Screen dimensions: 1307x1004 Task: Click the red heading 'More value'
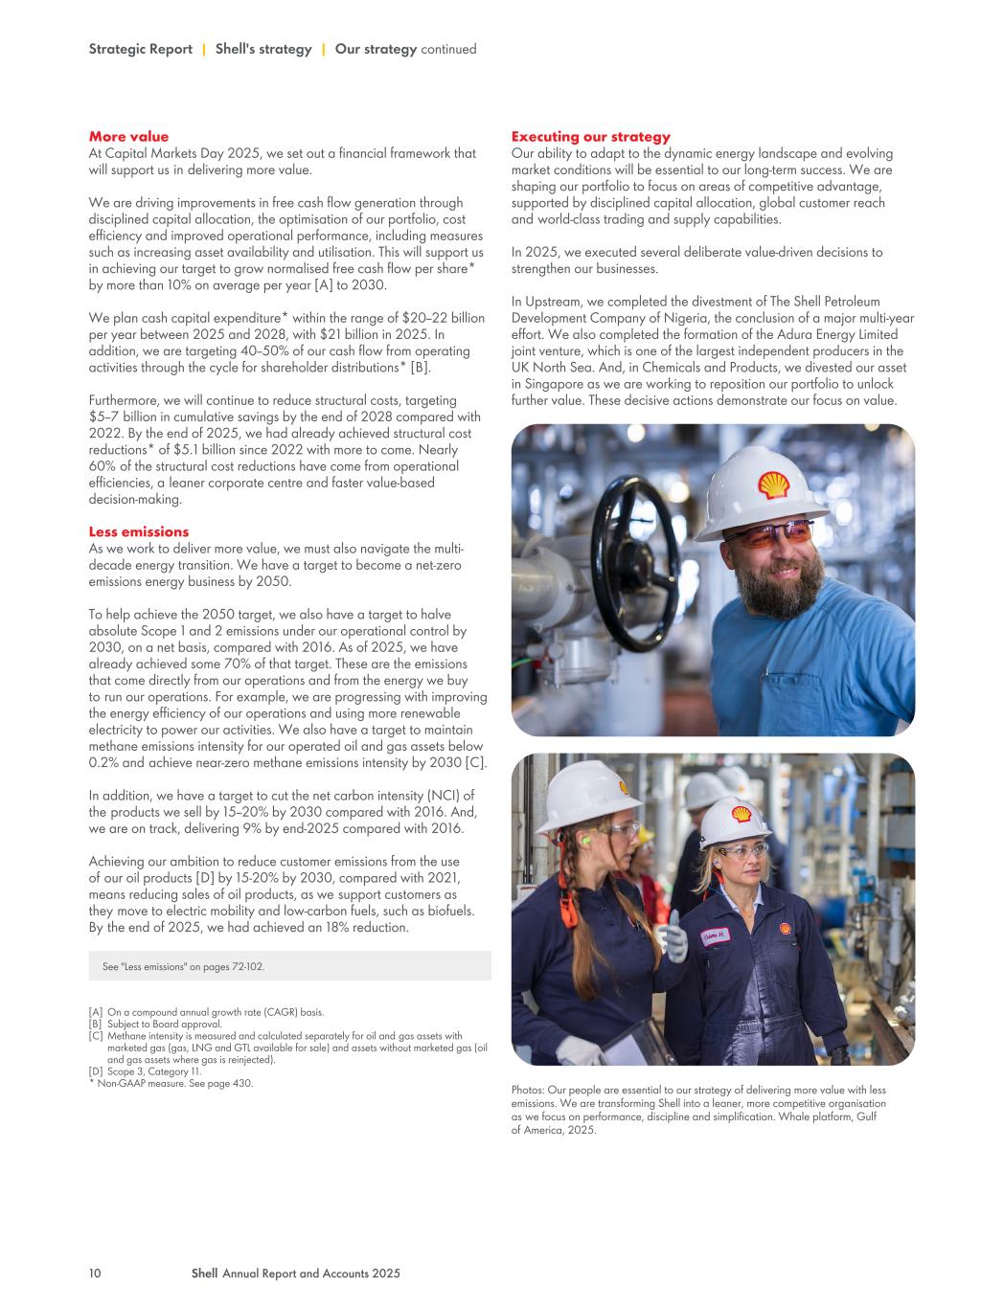[x=128, y=137]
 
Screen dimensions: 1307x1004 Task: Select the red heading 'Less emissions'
[x=139, y=531]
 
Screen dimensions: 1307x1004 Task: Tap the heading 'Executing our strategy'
[x=591, y=137]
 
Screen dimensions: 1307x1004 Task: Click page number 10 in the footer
[x=95, y=1273]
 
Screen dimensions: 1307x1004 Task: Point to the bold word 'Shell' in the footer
[x=204, y=1273]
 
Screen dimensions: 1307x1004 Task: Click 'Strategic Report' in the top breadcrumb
[x=140, y=49]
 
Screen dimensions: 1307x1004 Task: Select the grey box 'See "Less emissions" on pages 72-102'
[x=289, y=966]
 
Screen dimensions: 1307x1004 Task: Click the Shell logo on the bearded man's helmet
[x=773, y=484]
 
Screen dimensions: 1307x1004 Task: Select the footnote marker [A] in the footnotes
[x=96, y=1012]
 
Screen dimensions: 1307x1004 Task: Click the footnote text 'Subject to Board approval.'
[x=164, y=1024]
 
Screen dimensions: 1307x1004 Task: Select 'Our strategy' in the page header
[x=376, y=49]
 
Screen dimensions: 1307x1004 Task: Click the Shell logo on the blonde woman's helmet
[x=741, y=814]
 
